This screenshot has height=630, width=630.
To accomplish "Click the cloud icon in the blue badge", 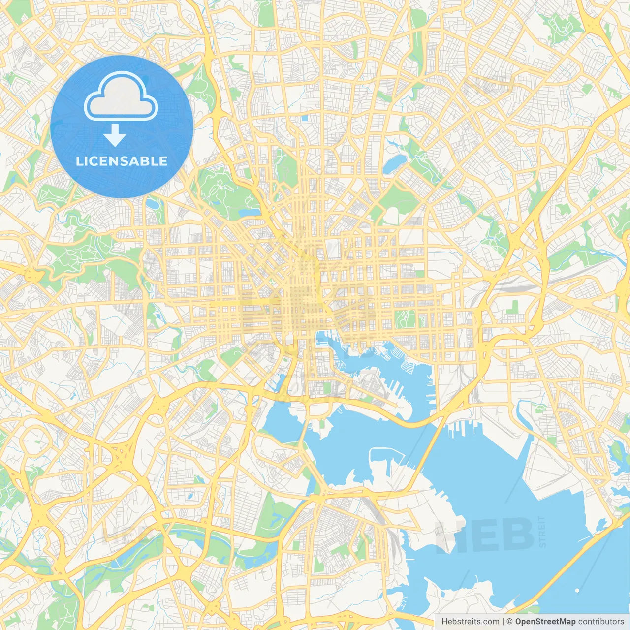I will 121,96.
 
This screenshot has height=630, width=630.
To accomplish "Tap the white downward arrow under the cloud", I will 115,135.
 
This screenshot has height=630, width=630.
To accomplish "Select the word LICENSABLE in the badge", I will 122,161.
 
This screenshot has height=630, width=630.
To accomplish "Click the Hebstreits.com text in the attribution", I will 470,621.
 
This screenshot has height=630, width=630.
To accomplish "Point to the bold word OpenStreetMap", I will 545,621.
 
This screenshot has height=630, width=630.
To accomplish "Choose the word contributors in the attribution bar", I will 601,621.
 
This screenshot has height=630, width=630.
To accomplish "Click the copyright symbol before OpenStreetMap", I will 509,621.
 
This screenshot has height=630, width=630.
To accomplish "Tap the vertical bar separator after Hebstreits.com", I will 503,621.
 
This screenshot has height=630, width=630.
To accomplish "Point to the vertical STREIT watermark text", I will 542,532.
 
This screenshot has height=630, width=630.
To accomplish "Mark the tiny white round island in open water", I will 577,590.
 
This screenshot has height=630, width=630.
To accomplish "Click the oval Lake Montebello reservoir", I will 395,164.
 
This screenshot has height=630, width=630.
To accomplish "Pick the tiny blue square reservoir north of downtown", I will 305,118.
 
